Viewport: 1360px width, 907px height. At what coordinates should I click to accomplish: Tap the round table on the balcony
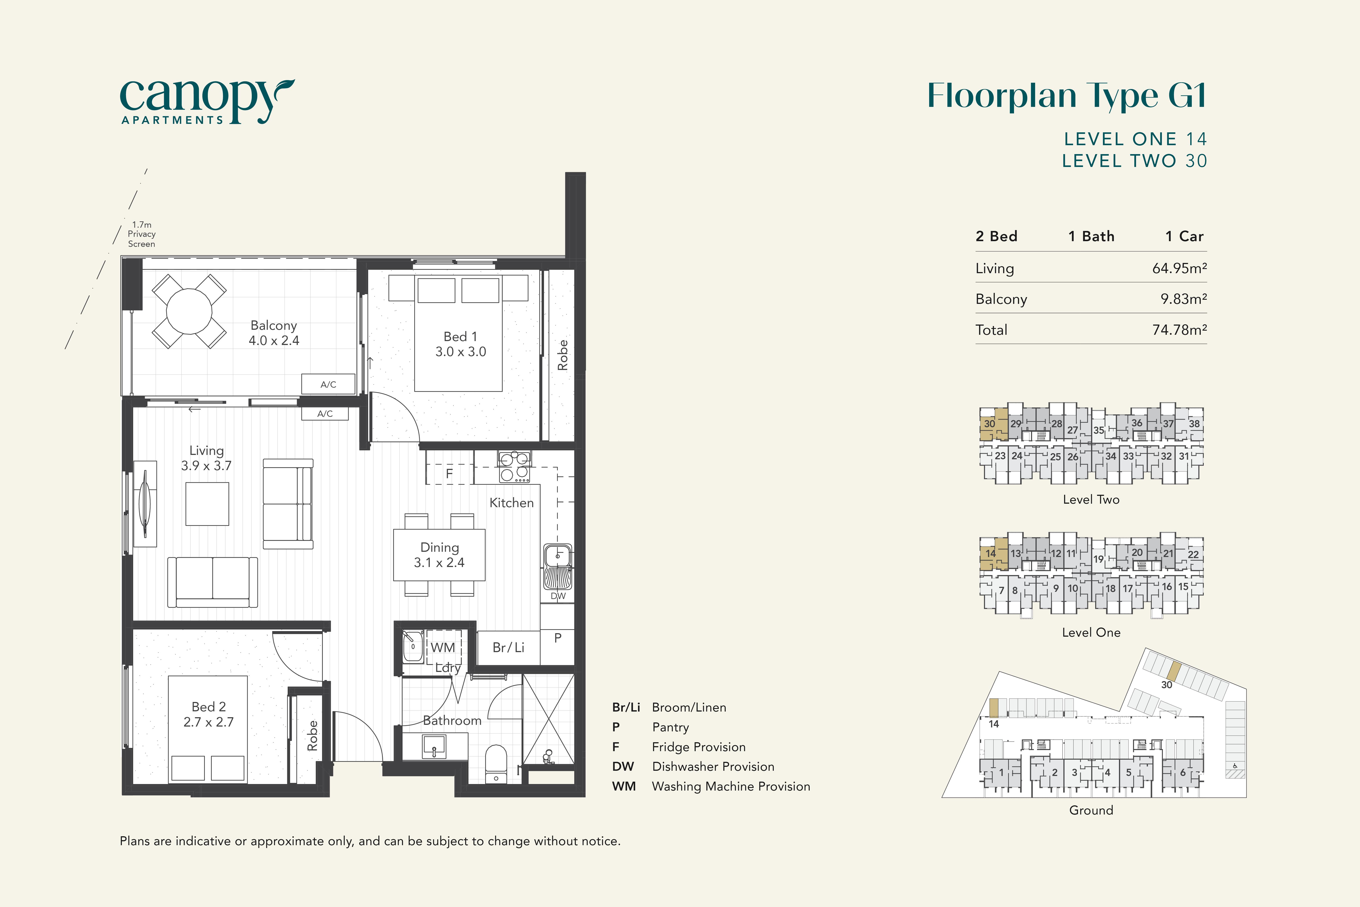pos(189,311)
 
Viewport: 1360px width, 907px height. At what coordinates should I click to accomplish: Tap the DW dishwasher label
pos(558,596)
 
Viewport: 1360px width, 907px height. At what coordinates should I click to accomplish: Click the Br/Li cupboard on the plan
pos(508,647)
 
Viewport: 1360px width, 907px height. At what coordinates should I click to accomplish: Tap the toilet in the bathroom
pos(496,764)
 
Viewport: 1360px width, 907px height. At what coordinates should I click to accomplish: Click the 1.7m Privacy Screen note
pos(142,234)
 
